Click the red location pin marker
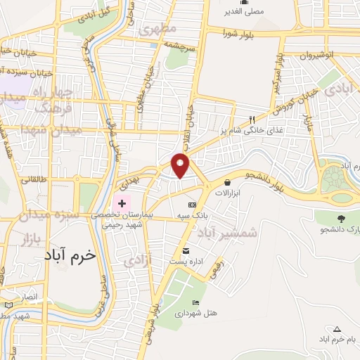click(181, 165)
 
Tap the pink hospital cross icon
click(122, 202)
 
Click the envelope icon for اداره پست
click(186, 251)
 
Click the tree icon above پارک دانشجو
click(342, 219)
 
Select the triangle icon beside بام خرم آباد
click(337, 329)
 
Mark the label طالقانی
click(33, 180)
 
